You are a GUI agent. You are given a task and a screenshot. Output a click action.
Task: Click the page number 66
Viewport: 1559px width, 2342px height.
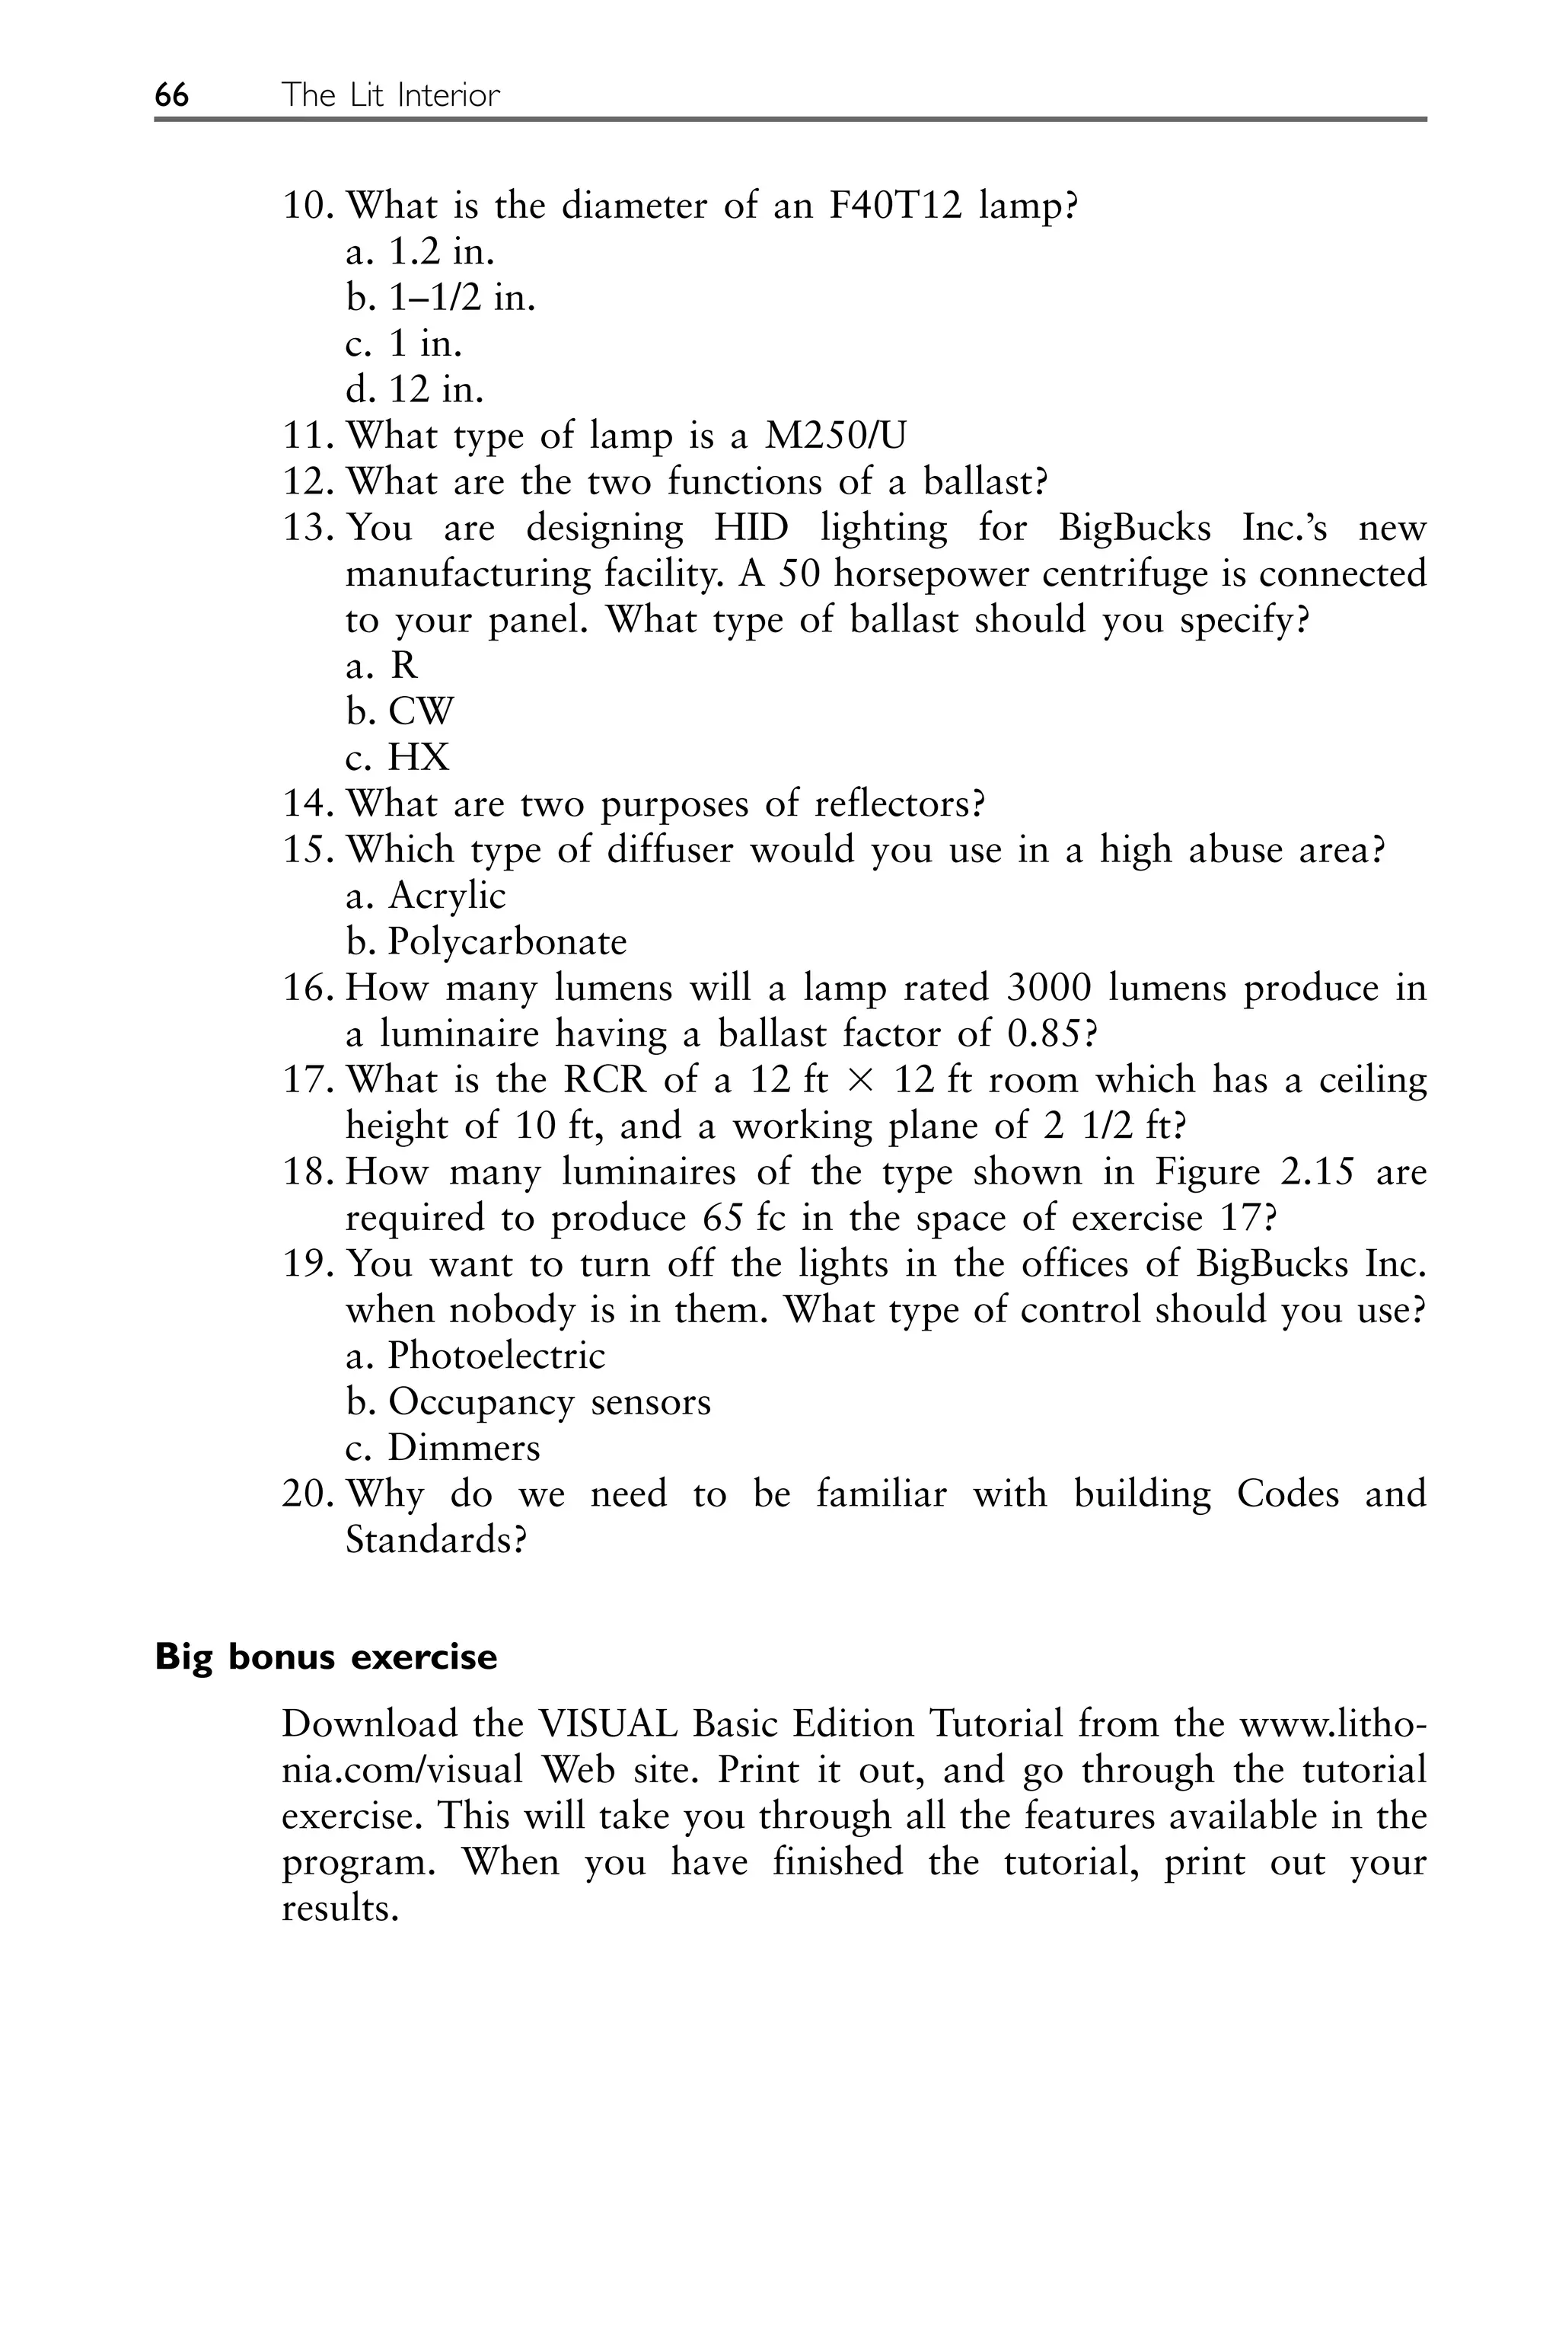171,95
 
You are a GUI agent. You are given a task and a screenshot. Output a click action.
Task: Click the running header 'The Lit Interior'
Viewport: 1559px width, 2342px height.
390,95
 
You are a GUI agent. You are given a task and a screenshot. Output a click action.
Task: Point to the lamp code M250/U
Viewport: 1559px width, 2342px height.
834,436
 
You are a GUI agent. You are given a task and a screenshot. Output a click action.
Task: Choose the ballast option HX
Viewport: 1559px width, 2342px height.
419,758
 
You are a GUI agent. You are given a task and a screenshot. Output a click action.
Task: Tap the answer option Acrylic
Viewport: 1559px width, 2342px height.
446,896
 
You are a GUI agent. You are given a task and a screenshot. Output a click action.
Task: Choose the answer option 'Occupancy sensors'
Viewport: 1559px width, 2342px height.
549,1402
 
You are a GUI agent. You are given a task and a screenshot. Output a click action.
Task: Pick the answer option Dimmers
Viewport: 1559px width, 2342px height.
464,1448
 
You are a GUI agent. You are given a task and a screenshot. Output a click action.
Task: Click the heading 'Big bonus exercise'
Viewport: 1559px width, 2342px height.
326,1657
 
